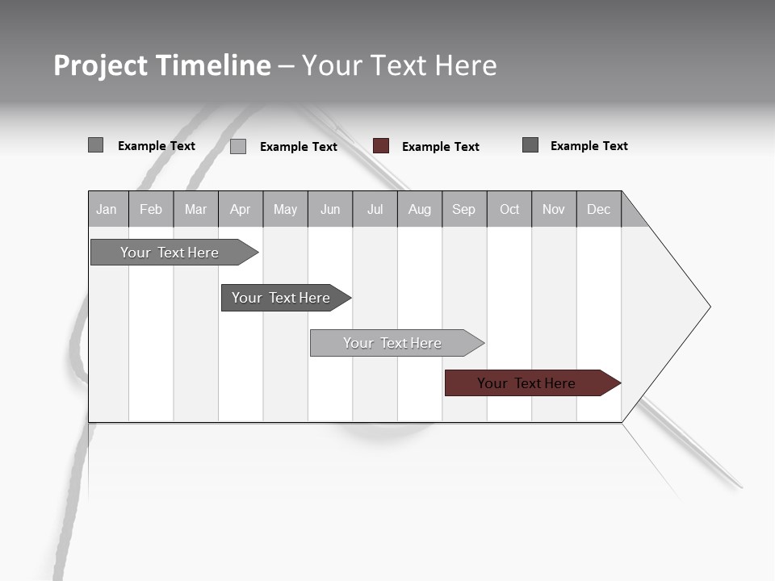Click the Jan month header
pos(107,209)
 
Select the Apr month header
pos(240,209)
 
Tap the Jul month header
pos(375,209)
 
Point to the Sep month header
pos(463,209)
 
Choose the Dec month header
pos(598,209)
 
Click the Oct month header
pos(509,209)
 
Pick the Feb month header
pos(151,209)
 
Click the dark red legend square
pos(381,146)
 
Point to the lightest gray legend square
pos(238,146)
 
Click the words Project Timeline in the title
pos(162,65)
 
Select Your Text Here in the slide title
pos(399,65)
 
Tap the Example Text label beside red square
pos(440,147)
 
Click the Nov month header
pos(554,209)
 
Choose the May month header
pos(285,209)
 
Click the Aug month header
pos(419,209)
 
